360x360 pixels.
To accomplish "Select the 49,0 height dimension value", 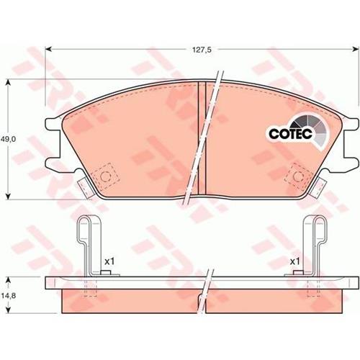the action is pos(8,139).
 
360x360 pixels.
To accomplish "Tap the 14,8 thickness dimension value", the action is pos(8,296).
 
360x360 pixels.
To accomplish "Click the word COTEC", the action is pos(290,134).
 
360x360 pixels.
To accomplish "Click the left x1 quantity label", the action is pos(109,261).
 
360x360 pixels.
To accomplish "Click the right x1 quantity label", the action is pos(295,261).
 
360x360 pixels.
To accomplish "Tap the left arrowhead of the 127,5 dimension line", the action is pos(48,49).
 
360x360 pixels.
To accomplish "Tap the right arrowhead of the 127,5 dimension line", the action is pos(355,49).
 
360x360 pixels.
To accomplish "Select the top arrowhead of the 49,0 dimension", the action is pos(9,83).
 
